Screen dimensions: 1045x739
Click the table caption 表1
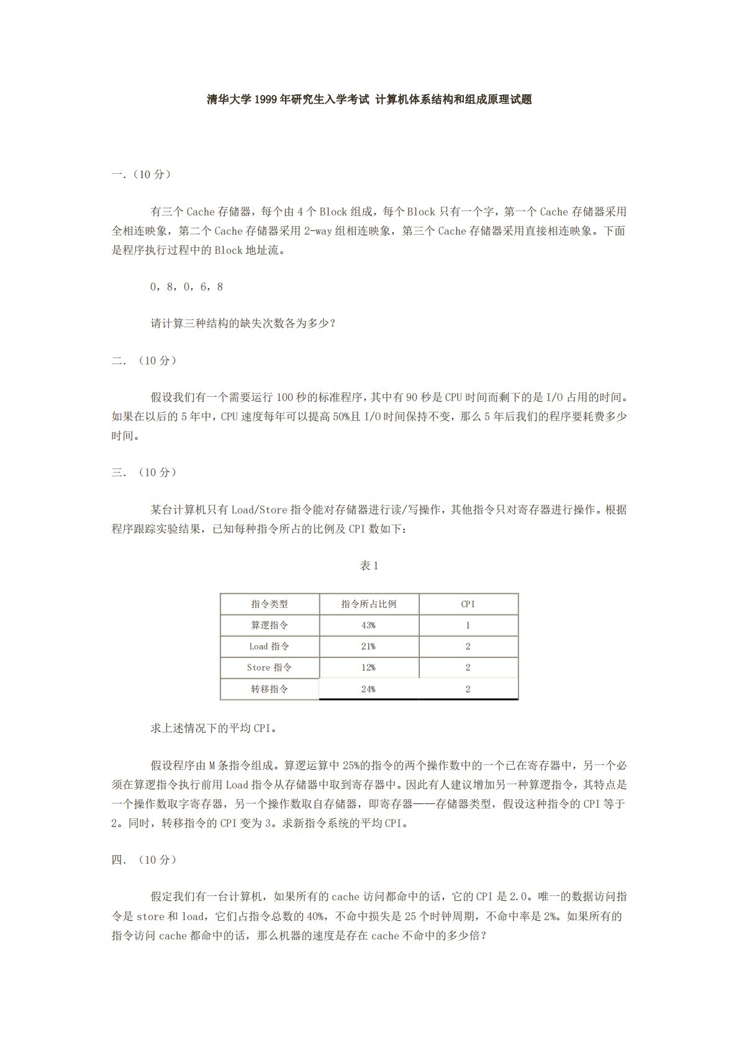pyautogui.click(x=369, y=566)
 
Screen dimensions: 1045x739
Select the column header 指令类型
pyautogui.click(x=270, y=604)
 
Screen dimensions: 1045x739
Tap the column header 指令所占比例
pyautogui.click(x=369, y=604)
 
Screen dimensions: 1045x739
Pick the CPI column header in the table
pyautogui.click(x=468, y=604)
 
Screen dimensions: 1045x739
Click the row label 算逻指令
pyautogui.click(x=270, y=625)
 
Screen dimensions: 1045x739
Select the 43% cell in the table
pyautogui.click(x=368, y=625)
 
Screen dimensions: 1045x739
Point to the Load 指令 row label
pyautogui.click(x=270, y=646)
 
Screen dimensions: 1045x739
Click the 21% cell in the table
pyautogui.click(x=368, y=646)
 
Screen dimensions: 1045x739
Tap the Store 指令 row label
pyautogui.click(x=270, y=667)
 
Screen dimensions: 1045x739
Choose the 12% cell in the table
pyautogui.click(x=368, y=667)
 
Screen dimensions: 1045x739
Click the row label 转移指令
pyautogui.click(x=270, y=689)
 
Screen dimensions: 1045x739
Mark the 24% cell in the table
pyautogui.click(x=368, y=689)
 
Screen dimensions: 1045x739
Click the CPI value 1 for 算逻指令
pyautogui.click(x=468, y=625)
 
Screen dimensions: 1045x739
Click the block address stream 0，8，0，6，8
pyautogui.click(x=187, y=287)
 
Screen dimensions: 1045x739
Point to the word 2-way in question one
pyautogui.click(x=318, y=231)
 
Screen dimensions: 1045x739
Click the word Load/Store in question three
pyautogui.click(x=260, y=510)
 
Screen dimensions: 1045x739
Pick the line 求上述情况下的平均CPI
pyautogui.click(x=214, y=728)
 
